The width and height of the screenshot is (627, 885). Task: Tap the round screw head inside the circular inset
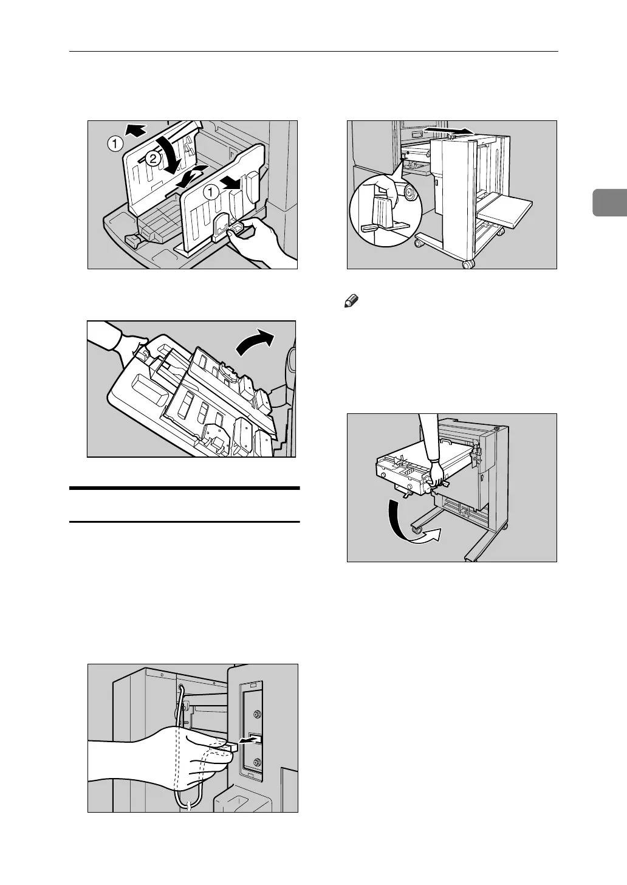point(409,194)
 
